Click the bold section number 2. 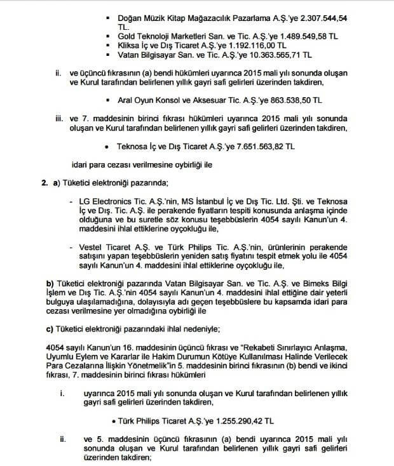point(44,183)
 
